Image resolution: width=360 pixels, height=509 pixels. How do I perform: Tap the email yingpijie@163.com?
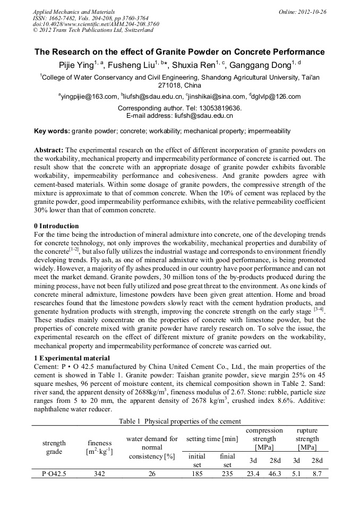click(89, 97)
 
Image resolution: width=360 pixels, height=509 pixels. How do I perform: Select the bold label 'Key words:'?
click(52, 131)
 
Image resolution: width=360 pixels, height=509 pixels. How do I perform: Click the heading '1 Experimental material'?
click(71, 358)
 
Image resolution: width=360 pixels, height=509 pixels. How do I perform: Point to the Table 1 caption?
click(179, 421)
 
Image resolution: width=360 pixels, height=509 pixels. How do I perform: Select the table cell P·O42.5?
click(54, 475)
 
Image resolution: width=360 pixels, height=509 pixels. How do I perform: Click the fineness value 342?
click(99, 475)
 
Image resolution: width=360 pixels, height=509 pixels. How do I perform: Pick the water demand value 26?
click(152, 475)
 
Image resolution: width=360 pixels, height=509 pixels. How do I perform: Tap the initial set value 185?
click(197, 475)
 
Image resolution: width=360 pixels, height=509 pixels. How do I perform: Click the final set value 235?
click(227, 475)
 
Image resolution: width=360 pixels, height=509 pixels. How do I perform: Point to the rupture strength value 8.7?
click(317, 475)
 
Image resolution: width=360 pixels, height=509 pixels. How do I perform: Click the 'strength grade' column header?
click(54, 447)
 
